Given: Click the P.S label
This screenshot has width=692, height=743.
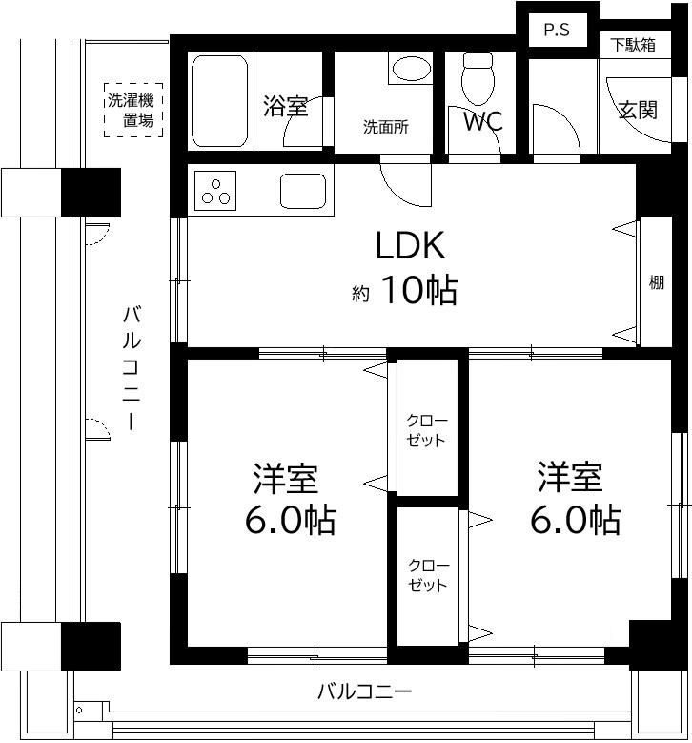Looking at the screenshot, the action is pos(557,31).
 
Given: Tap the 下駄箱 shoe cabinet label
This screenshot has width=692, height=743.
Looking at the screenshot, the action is pos(633,45).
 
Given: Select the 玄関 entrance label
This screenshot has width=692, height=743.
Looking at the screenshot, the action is pos(638,110).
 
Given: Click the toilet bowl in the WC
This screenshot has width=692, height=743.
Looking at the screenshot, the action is pos(478,78).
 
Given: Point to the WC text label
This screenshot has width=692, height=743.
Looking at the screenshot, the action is pos(482,121).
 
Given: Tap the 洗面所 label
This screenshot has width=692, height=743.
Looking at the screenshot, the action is pos(385,127).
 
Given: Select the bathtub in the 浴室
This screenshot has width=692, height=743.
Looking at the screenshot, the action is pos(220,101).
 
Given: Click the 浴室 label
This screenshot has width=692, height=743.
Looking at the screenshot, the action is pos(286,106).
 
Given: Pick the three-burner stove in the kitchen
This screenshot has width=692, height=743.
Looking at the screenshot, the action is pos(215,191).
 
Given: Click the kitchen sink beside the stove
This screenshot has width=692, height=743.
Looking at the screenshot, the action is pos(303,191).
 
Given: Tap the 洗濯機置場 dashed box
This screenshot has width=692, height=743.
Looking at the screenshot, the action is pos(133,110).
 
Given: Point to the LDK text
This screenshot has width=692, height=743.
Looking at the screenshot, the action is pos(410,245).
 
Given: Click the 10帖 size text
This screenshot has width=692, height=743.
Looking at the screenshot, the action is pos(419,290).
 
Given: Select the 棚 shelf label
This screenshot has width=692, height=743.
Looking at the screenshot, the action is pos(656,282).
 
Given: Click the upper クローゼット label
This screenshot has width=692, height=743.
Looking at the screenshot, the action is pos(427,430).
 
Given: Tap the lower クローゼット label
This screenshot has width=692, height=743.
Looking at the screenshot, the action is pos(428,575).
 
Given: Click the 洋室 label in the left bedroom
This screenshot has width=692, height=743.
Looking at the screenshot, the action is pos(285,479).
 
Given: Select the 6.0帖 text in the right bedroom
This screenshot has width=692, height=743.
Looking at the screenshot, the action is pos(575,520).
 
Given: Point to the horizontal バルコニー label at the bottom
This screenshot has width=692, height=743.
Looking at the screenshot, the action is pos(365,691).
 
